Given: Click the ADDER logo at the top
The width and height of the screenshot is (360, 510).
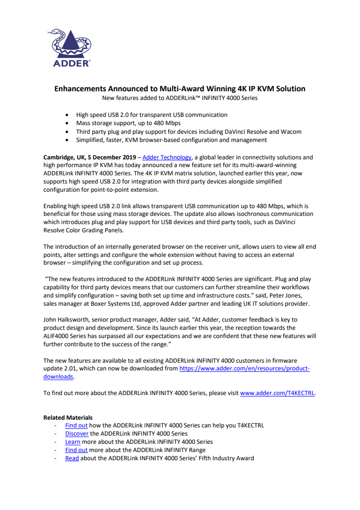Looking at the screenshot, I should click(71, 48).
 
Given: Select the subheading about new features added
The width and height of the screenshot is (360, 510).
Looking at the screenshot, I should click(180, 98).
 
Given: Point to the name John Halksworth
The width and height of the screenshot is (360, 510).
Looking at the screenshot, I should click(65, 320).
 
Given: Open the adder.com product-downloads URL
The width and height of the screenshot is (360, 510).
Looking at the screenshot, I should click(244, 368).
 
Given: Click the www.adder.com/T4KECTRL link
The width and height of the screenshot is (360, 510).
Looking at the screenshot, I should click(277, 393).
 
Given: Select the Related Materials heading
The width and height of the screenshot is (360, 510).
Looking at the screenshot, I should click(68, 417).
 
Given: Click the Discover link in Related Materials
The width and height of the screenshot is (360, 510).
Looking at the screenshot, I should click(77, 434).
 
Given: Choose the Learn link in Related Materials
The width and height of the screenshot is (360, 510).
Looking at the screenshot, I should click(73, 442).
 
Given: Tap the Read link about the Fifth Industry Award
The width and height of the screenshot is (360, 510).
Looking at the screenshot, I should click(72, 458).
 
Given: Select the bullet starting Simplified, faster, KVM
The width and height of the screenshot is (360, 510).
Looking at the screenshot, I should click(171, 140).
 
